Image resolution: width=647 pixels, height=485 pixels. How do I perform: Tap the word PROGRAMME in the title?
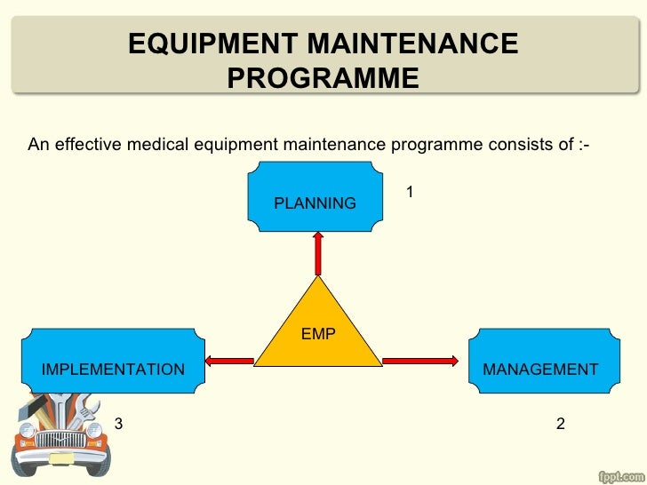pos(323,80)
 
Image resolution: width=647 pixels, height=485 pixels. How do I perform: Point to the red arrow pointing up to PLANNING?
pos(316,251)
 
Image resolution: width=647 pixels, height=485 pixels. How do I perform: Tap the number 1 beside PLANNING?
pos(411,192)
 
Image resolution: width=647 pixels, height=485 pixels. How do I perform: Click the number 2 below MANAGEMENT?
pos(560,424)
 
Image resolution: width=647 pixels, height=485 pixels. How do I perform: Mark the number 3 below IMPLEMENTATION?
pos(119,424)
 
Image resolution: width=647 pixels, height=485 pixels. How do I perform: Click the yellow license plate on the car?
pos(61,458)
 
